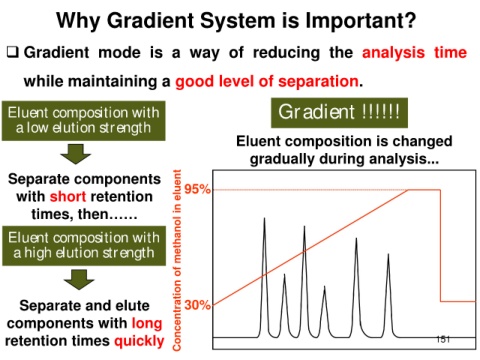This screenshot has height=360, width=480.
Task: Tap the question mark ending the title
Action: click(x=410, y=20)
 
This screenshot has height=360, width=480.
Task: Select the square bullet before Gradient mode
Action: click(x=13, y=52)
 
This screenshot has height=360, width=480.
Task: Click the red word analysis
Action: click(x=393, y=53)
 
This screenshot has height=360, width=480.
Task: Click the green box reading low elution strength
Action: click(x=84, y=121)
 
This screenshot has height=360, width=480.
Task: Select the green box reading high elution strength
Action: click(x=84, y=246)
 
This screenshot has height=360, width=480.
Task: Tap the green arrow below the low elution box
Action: click(x=76, y=154)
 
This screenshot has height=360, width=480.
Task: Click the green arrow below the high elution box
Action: click(x=79, y=279)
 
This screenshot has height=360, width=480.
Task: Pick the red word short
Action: click(x=68, y=196)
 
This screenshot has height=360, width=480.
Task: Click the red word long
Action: click(x=147, y=324)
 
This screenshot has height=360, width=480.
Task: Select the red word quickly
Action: click(x=139, y=341)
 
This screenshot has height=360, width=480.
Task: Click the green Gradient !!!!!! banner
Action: click(x=339, y=113)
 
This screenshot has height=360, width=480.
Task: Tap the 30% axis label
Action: click(x=197, y=305)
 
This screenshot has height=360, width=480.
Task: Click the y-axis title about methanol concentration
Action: click(x=177, y=260)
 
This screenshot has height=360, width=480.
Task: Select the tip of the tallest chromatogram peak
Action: click(x=264, y=218)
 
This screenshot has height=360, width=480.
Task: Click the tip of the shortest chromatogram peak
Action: click(x=324, y=286)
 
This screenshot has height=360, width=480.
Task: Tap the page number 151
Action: click(x=443, y=339)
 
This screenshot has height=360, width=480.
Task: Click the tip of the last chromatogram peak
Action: click(x=388, y=254)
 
